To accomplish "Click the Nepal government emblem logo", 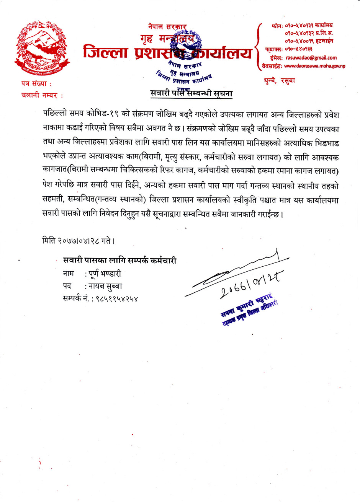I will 42,48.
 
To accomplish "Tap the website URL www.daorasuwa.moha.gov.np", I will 314,66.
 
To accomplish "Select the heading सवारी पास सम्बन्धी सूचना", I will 191,93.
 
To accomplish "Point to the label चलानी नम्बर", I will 42,95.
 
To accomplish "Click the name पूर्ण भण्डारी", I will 105,274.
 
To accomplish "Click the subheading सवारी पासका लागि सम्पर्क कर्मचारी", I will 119,261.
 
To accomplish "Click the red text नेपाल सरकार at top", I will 167,27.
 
